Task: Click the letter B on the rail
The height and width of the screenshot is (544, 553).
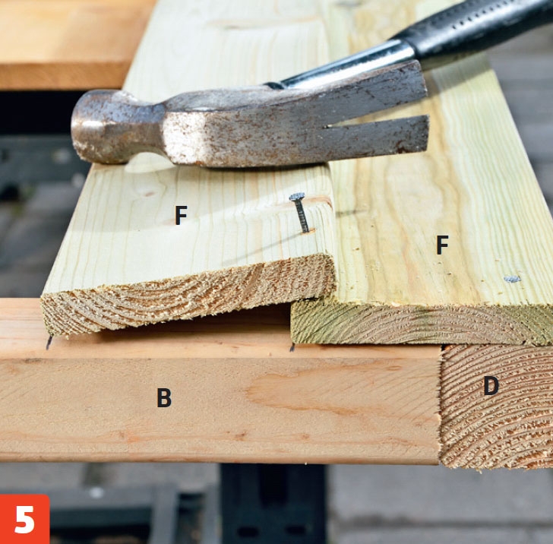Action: click(x=164, y=397)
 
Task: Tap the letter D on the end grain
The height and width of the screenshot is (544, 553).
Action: click(x=491, y=386)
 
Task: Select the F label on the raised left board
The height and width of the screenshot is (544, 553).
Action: click(x=181, y=215)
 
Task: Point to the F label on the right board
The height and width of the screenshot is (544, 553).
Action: click(x=442, y=245)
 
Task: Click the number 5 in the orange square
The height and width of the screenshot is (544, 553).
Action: click(x=24, y=519)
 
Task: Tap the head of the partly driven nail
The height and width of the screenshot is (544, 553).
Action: click(x=297, y=197)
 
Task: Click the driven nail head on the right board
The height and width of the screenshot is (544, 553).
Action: click(x=512, y=279)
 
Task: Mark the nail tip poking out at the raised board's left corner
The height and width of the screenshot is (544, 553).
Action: click(x=49, y=342)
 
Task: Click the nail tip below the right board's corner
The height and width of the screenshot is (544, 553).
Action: click(x=292, y=347)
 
